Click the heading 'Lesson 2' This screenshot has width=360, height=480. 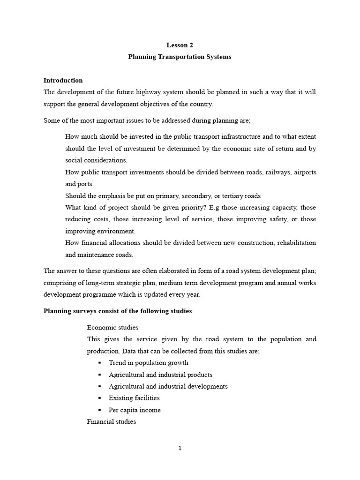(x=180, y=45)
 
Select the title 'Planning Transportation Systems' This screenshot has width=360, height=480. (x=180, y=57)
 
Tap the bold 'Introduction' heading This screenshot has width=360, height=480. (x=63, y=80)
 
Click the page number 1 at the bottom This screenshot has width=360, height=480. (x=180, y=448)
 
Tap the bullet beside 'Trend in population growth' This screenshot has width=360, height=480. (x=100, y=363)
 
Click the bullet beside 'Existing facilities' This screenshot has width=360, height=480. (x=100, y=398)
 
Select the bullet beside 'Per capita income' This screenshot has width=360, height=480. (x=100, y=410)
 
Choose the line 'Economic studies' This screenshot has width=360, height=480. (x=112, y=327)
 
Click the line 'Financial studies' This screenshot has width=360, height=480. (x=112, y=421)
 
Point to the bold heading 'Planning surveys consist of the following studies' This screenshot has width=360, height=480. (x=118, y=311)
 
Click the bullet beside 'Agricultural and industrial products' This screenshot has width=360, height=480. (x=100, y=375)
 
